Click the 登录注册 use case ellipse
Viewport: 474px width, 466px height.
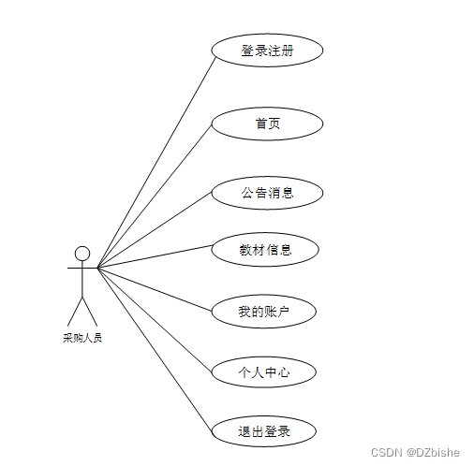click(267, 51)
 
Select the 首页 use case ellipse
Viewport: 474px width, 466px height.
click(267, 124)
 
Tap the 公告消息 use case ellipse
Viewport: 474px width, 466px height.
click(267, 193)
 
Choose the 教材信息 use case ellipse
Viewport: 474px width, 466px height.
click(265, 250)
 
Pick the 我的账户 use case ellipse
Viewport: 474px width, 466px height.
click(264, 312)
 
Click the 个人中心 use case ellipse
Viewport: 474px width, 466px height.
click(264, 371)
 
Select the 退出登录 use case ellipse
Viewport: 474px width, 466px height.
click(264, 431)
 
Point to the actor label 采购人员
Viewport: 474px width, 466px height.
click(82, 338)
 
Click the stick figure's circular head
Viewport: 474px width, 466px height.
click(82, 254)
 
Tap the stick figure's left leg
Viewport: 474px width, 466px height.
click(75, 312)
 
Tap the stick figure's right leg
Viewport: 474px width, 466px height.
click(90, 312)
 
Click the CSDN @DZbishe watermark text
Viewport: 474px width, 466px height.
click(415, 452)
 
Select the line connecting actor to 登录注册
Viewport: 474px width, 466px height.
click(156, 163)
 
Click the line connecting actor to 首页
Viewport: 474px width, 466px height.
click(155, 196)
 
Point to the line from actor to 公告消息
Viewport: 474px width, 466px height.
click(155, 230)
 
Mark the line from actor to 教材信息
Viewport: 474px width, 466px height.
click(155, 256)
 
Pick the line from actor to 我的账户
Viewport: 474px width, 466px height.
click(155, 289)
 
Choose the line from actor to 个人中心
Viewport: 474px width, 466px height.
click(155, 320)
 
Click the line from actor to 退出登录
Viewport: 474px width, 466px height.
click(155, 351)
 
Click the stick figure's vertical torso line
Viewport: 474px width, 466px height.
click(82, 280)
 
